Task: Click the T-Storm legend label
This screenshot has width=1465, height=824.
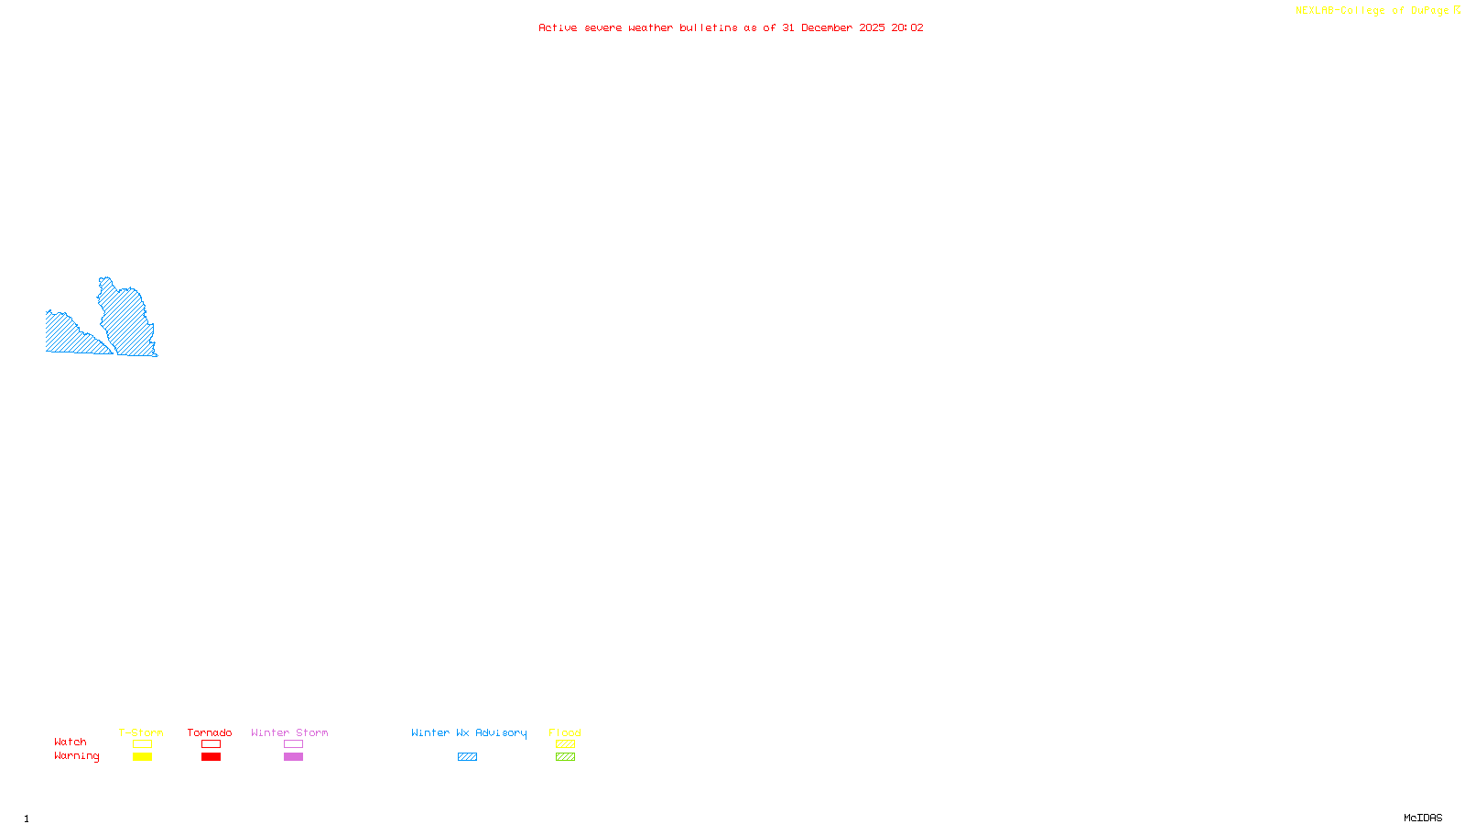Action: click(x=141, y=732)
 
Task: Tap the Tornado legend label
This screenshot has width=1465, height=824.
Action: click(x=210, y=732)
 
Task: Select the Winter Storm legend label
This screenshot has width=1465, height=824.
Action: click(x=289, y=732)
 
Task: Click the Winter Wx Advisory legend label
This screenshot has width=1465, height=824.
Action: click(x=469, y=732)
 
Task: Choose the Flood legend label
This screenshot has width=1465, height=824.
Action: click(x=565, y=732)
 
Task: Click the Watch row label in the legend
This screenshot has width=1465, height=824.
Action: click(x=71, y=742)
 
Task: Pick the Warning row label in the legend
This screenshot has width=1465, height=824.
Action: click(x=77, y=756)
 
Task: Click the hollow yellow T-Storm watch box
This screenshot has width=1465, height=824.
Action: click(x=142, y=744)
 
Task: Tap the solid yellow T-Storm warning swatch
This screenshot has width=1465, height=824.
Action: click(x=142, y=757)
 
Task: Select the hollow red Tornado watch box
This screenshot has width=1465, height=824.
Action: click(x=211, y=744)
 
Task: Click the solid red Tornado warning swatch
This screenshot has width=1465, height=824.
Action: click(x=211, y=757)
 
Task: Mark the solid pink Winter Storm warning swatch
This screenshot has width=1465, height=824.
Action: click(x=293, y=757)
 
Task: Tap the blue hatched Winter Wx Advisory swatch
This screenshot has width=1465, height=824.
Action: click(x=467, y=757)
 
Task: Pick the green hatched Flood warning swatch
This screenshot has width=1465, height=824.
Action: click(x=565, y=757)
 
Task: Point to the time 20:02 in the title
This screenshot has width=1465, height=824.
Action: click(x=907, y=27)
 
